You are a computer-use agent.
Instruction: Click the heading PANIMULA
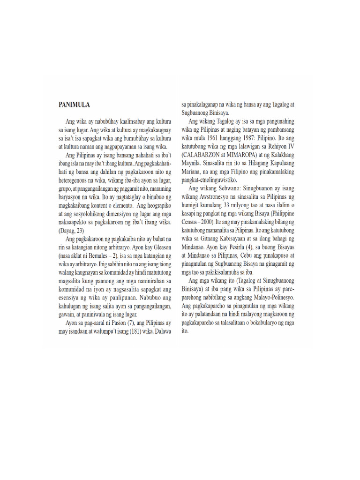pos(75,104)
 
